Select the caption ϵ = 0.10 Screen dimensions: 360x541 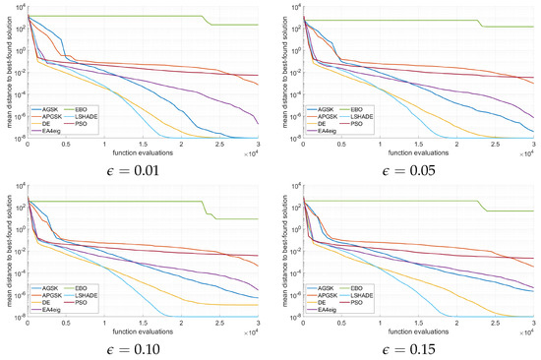[134, 348]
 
